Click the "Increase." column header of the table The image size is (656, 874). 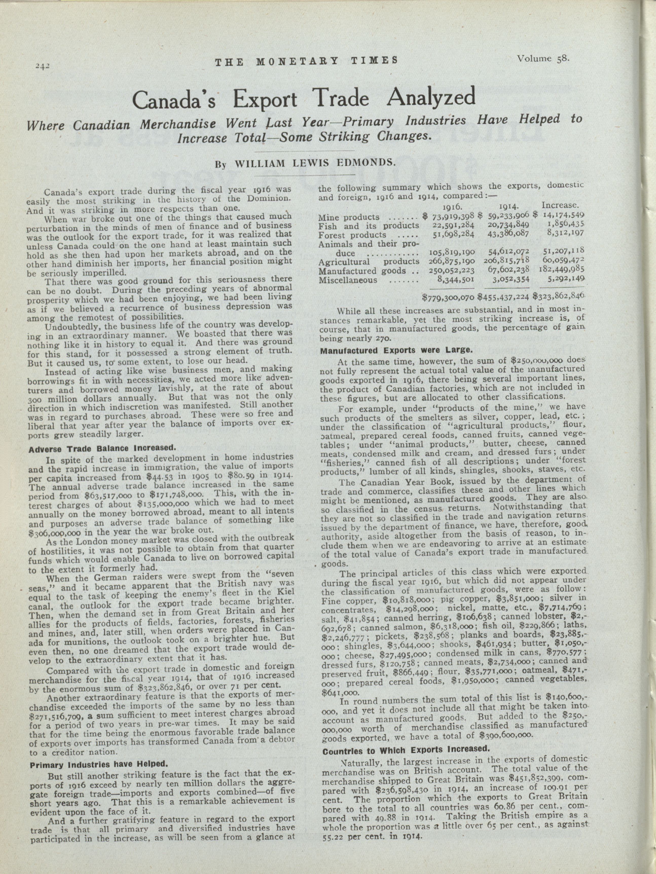click(560, 205)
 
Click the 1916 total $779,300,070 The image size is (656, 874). click(449, 296)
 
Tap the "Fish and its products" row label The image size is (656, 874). click(368, 226)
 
